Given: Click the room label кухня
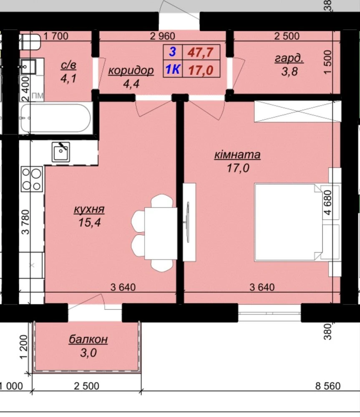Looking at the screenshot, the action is click(x=89, y=209).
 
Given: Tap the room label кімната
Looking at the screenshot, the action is click(x=237, y=155).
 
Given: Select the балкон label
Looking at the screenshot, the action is click(x=88, y=339).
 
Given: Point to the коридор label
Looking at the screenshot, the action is click(x=131, y=70).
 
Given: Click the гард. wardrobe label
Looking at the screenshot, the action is click(x=289, y=58).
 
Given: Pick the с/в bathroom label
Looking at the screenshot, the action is click(x=68, y=65).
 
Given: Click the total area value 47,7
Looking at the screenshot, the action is click(x=201, y=52).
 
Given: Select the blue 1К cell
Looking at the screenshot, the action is click(x=173, y=70).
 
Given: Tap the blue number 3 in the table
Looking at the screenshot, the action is click(x=172, y=52).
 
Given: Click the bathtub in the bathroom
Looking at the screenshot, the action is click(x=56, y=118).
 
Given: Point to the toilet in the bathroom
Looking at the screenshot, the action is click(x=30, y=42).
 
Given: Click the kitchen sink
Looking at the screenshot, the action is click(x=61, y=152).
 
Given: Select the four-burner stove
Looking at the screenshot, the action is click(x=32, y=179).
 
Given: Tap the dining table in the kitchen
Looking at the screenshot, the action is click(x=161, y=234).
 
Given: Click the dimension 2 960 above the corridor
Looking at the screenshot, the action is click(x=163, y=36).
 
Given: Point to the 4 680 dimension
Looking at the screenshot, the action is click(x=328, y=202).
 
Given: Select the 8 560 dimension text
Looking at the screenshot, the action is click(x=328, y=386).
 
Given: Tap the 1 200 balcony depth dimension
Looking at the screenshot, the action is click(x=24, y=347).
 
